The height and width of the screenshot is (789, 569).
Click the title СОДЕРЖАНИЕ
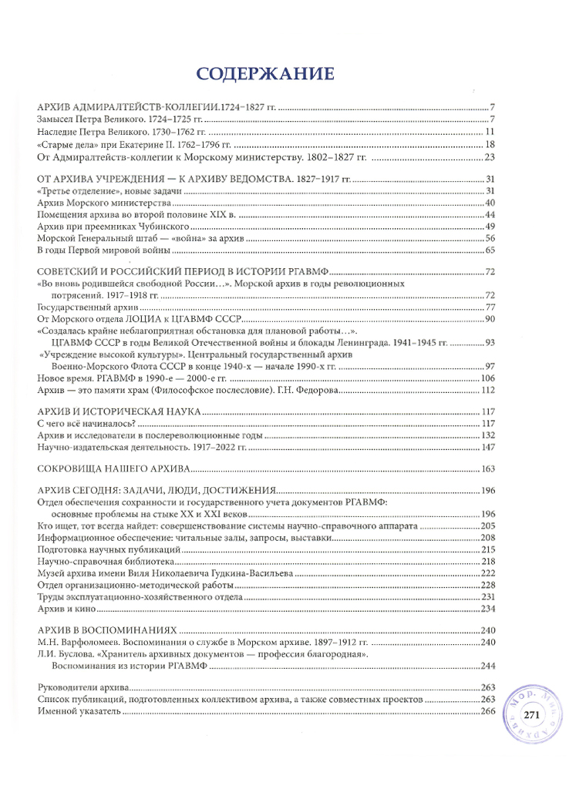pyautogui.click(x=265, y=74)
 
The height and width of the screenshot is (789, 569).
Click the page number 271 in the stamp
pyautogui.click(x=530, y=716)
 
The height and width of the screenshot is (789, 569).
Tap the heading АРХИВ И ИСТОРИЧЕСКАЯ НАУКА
pyautogui.click(x=119, y=411)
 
